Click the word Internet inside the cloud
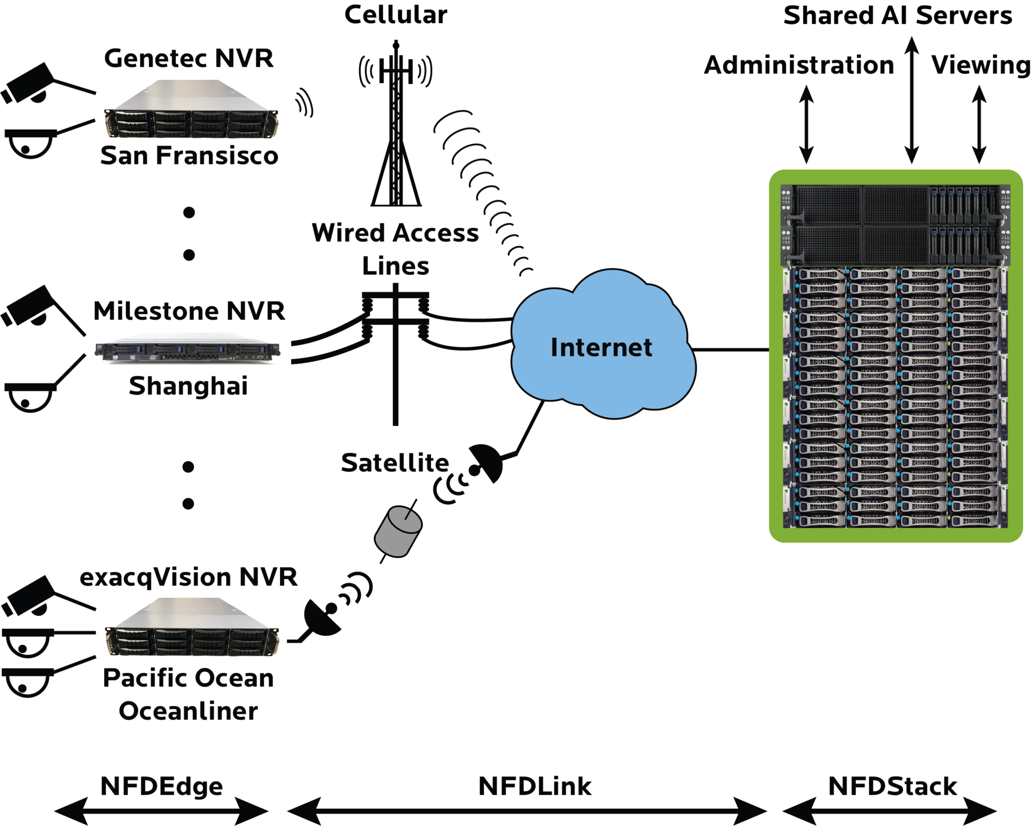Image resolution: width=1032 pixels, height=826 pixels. coord(601,348)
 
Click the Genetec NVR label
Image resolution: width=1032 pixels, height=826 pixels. coord(189,58)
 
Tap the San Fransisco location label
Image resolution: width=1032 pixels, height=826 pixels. coord(189,155)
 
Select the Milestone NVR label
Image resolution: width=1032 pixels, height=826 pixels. coord(189,311)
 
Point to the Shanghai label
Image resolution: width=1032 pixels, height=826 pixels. coord(189,386)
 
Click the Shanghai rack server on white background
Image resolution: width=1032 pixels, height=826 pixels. coord(188,349)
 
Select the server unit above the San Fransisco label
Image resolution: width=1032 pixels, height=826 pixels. coord(192,110)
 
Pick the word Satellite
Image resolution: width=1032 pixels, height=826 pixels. coord(395,462)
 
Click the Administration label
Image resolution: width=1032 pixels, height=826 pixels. coord(799,65)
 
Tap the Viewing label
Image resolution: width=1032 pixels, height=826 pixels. coord(980,65)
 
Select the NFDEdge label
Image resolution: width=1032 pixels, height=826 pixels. coord(162,786)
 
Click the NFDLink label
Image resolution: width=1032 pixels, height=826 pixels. coord(535,786)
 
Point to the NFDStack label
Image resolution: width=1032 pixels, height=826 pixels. coord(892,786)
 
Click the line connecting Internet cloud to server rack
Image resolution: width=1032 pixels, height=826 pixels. coord(731,350)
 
